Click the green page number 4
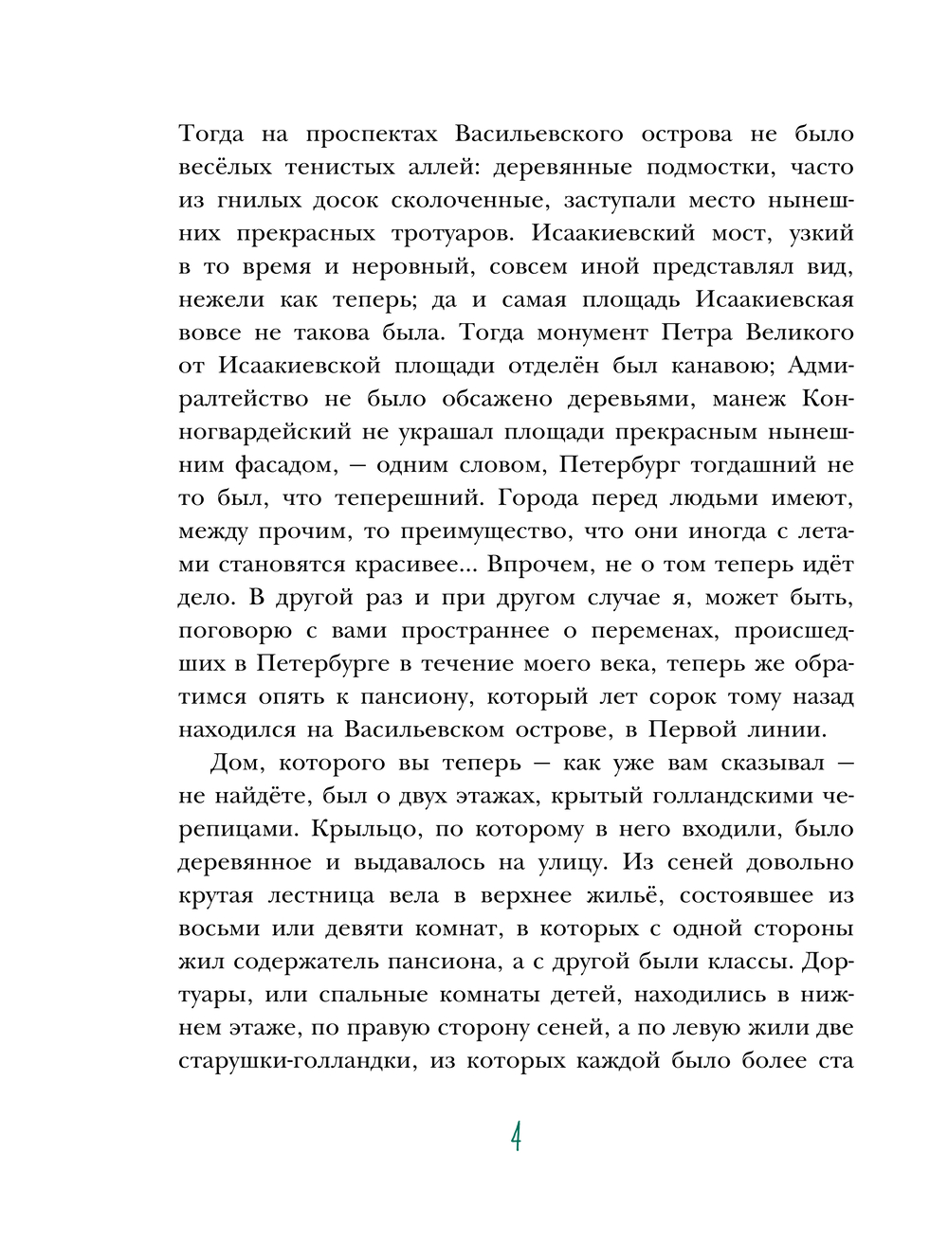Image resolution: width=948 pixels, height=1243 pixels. pos(516,1136)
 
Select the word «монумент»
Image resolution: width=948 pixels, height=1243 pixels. pos(592,333)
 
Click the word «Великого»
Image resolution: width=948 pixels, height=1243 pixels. pos(793,333)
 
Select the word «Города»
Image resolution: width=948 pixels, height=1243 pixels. pos(538,498)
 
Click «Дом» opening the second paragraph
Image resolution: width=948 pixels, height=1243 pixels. pos(233,764)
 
